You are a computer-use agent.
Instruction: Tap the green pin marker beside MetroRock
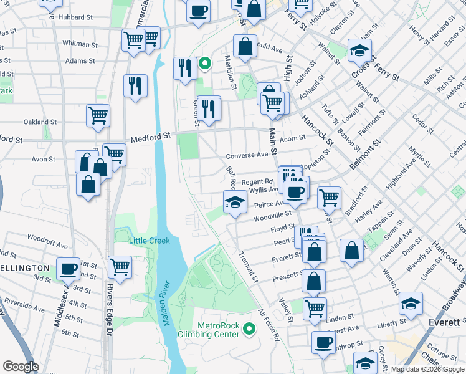[x=249, y=328]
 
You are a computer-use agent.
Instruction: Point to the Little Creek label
[x=150, y=241]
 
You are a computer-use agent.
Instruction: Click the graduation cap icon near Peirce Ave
[x=235, y=202]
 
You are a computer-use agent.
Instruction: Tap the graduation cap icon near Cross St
[x=359, y=50]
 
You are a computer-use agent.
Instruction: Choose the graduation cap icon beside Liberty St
[x=411, y=304]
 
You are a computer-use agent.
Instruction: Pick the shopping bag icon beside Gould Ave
[x=245, y=46]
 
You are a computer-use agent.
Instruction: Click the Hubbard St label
[x=75, y=17]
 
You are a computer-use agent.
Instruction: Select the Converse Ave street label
[x=247, y=155]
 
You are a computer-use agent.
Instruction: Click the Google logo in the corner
[x=21, y=367]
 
